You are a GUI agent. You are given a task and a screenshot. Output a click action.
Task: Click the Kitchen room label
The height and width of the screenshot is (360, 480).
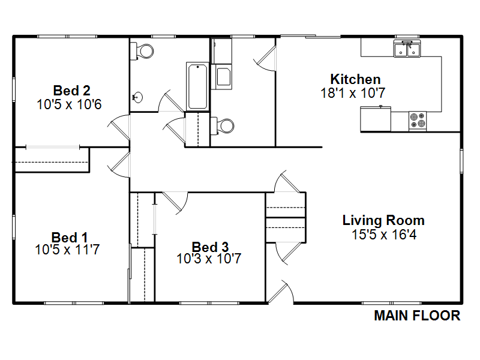355,79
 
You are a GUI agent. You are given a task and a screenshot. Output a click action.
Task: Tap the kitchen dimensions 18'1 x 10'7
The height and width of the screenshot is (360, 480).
353,93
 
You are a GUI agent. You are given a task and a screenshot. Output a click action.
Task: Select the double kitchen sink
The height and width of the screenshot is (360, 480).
407,49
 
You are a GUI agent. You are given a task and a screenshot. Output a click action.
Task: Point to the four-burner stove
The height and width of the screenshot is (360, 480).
418,121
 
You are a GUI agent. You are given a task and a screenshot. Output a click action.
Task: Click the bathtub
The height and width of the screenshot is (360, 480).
197,86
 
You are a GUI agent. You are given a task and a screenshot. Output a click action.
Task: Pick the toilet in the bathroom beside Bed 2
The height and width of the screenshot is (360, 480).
142,51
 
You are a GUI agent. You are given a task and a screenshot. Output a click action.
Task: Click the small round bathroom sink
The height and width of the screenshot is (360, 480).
138,98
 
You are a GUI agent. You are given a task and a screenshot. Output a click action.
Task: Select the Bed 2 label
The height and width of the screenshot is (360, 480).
71,91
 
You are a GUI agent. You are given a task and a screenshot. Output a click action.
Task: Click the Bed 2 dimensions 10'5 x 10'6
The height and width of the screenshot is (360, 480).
69,104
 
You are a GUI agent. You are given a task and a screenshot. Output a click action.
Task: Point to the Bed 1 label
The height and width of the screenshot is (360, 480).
70,238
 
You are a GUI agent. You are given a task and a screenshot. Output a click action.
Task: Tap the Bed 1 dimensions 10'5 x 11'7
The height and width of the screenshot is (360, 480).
67,250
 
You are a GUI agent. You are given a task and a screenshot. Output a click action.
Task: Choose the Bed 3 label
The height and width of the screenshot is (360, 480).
210,247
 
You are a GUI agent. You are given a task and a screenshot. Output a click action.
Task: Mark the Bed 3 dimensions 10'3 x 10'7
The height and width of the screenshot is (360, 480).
209,259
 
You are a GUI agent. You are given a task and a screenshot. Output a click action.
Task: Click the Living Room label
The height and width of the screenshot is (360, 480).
383,220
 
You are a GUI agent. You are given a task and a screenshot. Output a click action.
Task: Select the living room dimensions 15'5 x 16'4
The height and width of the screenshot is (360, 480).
384,235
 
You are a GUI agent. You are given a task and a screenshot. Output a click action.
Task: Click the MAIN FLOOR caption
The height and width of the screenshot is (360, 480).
417,316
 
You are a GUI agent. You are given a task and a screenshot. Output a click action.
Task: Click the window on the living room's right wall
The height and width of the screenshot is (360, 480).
461,161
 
